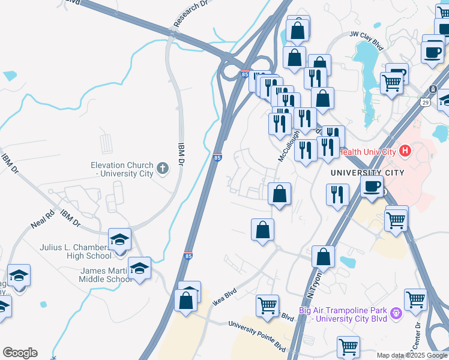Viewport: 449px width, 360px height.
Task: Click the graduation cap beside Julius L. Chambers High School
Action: coord(120,240)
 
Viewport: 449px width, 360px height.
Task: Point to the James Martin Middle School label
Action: coord(106,274)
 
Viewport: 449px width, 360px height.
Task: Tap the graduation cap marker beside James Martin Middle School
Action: coord(139,268)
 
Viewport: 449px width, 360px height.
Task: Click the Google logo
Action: coord(20,353)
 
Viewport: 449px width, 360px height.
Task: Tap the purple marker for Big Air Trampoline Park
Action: coord(396,313)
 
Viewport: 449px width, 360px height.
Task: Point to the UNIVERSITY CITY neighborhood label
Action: coord(367,173)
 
